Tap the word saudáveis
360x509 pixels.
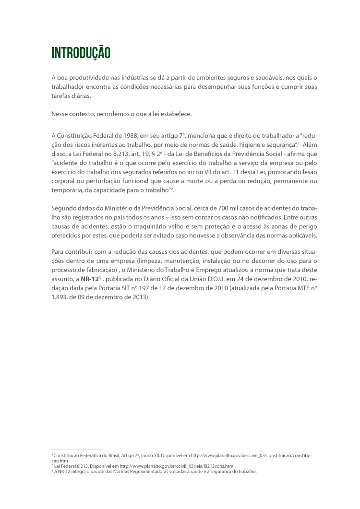pyautogui.click(x=272, y=78)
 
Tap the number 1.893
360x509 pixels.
pyautogui.click(x=60, y=296)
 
